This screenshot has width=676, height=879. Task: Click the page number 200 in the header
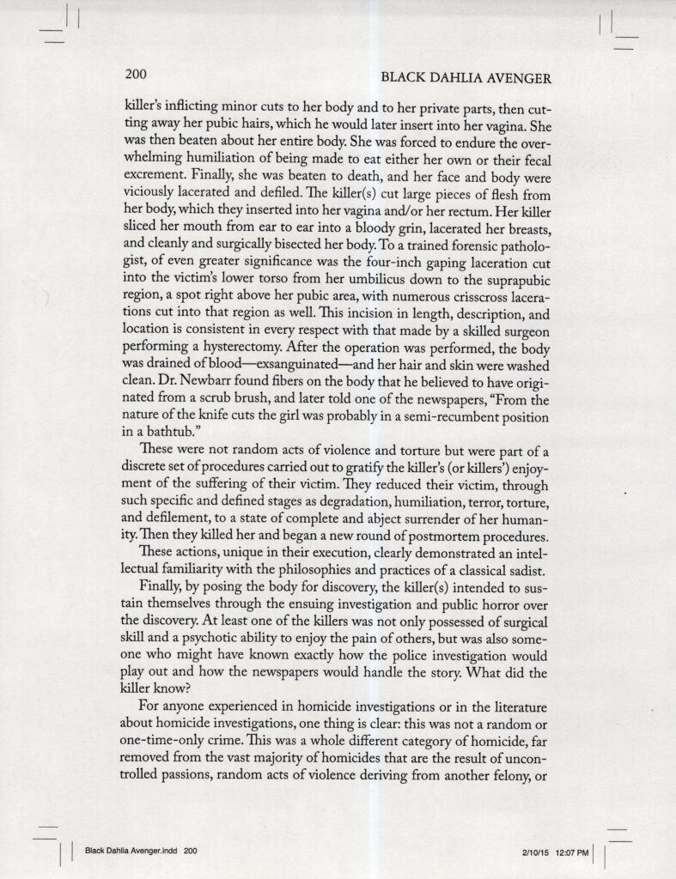(137, 76)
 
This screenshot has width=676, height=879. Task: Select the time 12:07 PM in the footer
(570, 852)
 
